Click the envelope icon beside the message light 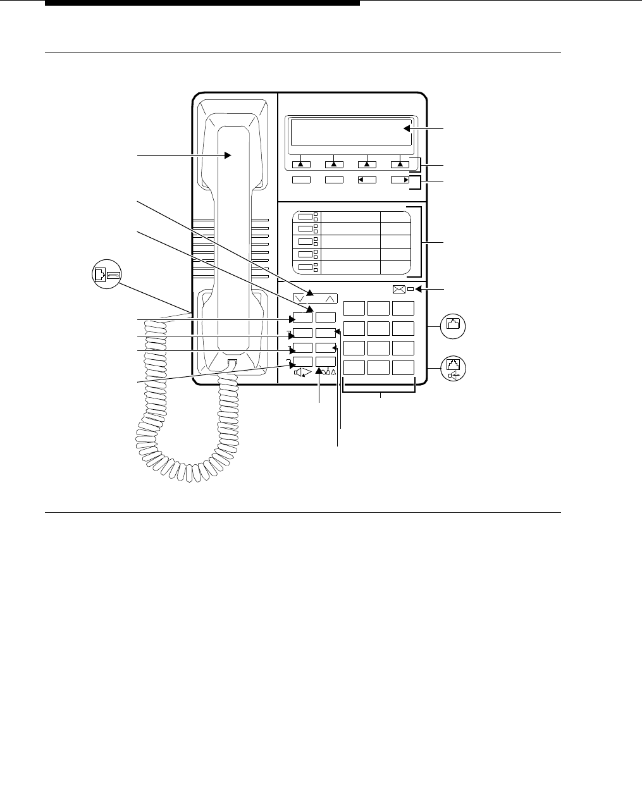pos(399,290)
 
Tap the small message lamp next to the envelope pos(410,290)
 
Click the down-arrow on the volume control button pos(299,299)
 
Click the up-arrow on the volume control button pos(329,299)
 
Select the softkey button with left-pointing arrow pos(367,180)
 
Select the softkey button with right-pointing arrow pos(400,180)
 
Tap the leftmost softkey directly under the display pos(301,164)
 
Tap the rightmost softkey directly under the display pos(400,164)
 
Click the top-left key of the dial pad pos(354,308)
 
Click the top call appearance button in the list pos(306,216)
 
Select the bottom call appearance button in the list pos(306,267)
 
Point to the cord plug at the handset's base pos(231,364)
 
